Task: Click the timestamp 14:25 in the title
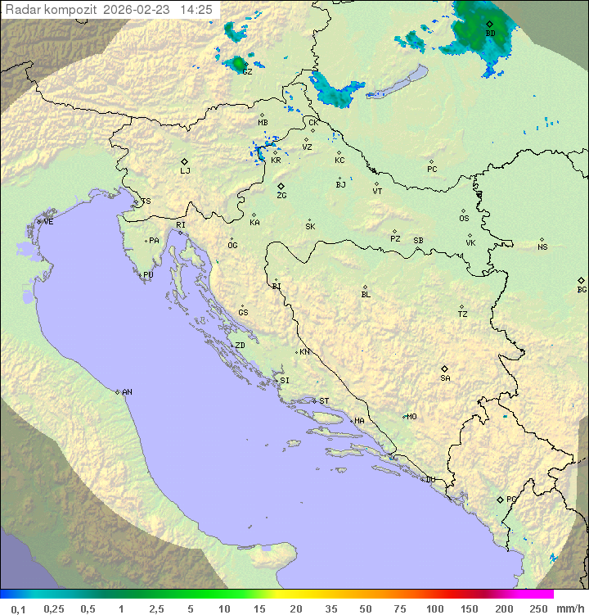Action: point(196,10)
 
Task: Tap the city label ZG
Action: point(281,196)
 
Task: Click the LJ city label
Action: point(185,171)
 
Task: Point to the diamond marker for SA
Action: point(445,369)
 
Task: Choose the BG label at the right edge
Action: point(582,290)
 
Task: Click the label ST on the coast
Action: point(324,401)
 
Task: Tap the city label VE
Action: point(48,222)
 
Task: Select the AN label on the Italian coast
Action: point(127,392)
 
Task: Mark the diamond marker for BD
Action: point(489,24)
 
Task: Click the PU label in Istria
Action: point(148,275)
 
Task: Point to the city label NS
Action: point(542,247)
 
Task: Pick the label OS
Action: point(464,219)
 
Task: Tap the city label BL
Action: point(366,295)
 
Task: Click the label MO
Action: point(411,416)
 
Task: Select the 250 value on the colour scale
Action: point(538,608)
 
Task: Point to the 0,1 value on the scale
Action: point(18,608)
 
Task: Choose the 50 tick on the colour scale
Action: point(366,608)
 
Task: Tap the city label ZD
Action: point(240,346)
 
